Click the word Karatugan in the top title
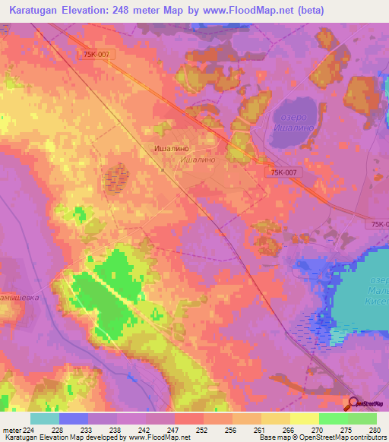point(39,11)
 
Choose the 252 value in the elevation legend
point(203,429)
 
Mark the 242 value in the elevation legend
point(145,429)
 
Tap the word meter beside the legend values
point(11,429)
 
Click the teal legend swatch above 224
point(45,418)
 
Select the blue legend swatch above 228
point(74,418)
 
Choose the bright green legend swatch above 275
point(333,418)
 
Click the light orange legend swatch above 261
point(246,418)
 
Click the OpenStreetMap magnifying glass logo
point(353,403)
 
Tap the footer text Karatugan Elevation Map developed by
point(63,437)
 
